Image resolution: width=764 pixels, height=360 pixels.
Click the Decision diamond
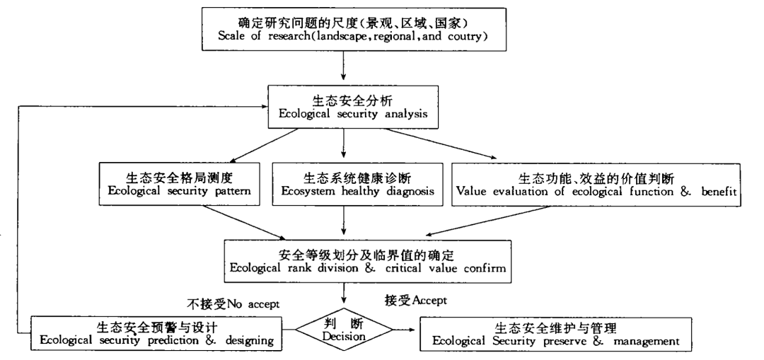pos(342,330)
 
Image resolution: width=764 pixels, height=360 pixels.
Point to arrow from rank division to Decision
pos(343,292)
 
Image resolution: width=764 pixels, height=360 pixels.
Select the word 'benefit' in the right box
pos(715,191)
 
